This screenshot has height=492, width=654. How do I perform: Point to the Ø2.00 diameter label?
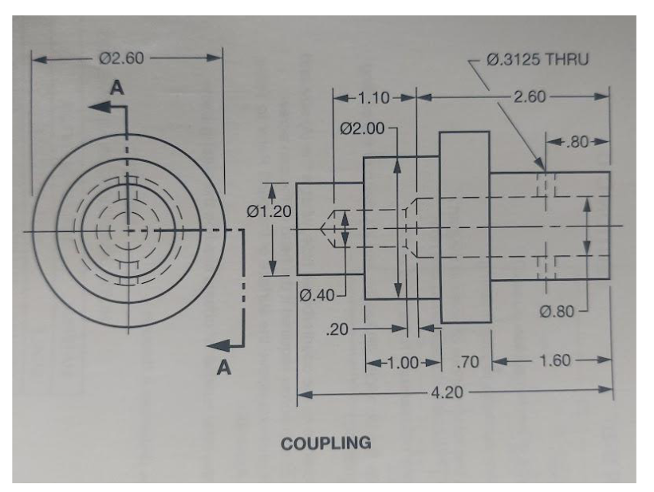364,129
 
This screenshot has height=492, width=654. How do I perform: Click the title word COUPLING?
326,443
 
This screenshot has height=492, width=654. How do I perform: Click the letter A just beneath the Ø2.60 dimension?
117,89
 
